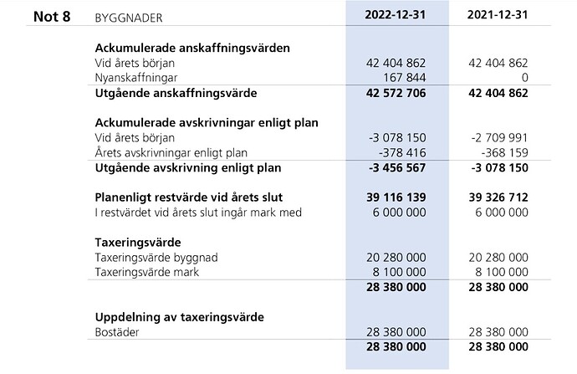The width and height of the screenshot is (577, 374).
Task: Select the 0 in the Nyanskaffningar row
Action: (x=523, y=77)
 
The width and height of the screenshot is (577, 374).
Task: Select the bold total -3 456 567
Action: (x=394, y=167)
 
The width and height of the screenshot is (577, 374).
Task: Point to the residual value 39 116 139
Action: (x=396, y=197)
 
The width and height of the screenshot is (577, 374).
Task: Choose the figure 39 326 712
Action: (x=498, y=197)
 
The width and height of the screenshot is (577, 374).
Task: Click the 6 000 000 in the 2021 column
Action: (x=500, y=213)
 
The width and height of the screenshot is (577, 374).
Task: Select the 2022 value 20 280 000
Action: (x=396, y=258)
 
